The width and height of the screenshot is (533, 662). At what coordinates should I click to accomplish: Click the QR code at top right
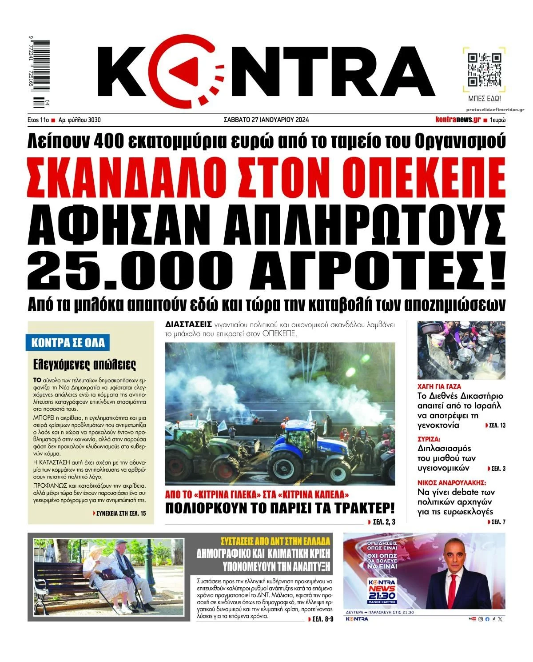(485, 70)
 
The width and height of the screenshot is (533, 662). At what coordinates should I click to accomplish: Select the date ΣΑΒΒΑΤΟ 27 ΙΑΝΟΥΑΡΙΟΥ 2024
(266, 120)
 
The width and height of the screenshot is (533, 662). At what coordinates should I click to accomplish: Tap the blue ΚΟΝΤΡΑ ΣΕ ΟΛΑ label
(68, 343)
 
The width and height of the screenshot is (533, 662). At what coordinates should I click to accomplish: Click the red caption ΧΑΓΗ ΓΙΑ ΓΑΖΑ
(439, 386)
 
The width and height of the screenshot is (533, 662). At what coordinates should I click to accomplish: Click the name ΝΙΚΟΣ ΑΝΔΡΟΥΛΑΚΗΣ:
(451, 483)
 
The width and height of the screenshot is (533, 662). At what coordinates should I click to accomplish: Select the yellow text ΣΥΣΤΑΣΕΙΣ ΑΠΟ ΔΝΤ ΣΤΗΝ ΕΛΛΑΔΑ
(276, 542)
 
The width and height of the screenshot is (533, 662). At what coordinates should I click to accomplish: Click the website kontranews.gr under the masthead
(458, 120)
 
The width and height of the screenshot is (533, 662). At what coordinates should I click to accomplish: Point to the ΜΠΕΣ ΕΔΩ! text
(485, 98)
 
